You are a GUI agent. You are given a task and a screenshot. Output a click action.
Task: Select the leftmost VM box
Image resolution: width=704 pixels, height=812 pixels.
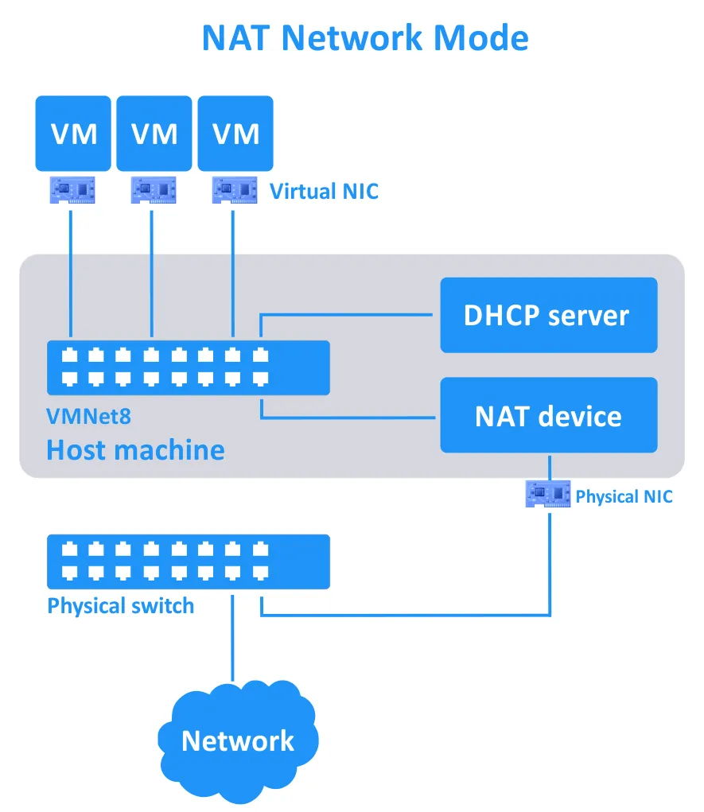pos(74,134)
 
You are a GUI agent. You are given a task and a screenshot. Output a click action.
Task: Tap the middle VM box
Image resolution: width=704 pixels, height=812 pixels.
pos(154,134)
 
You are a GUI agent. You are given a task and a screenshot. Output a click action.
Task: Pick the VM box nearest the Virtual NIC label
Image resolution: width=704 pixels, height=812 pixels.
pos(235,134)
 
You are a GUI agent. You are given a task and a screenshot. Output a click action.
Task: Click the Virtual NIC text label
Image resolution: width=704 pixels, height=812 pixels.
pos(324,191)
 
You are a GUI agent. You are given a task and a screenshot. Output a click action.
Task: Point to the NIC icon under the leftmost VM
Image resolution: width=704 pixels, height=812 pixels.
pos(73,190)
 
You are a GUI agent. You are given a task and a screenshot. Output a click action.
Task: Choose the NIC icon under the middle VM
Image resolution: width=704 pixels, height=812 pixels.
pos(152,190)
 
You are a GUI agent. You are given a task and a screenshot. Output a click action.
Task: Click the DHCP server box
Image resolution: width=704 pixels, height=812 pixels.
pos(548,315)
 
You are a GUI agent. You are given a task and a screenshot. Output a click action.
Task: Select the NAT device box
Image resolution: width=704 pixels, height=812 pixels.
pos(548,415)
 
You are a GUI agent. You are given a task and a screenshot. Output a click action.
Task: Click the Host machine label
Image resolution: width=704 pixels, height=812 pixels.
pos(135,450)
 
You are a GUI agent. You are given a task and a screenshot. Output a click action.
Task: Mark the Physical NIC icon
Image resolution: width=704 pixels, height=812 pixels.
pos(549,495)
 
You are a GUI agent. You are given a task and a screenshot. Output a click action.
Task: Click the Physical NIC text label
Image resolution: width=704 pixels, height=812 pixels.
pos(624,497)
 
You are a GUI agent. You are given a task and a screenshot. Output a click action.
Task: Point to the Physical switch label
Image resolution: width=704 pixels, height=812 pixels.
pos(120,606)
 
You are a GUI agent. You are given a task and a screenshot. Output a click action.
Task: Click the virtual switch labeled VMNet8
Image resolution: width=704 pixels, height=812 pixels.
pos(188,367)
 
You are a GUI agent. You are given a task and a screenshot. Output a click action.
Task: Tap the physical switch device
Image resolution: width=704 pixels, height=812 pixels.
pos(188,561)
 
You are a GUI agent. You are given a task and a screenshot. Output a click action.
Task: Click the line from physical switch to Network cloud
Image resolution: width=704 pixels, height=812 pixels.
pos(233,636)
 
